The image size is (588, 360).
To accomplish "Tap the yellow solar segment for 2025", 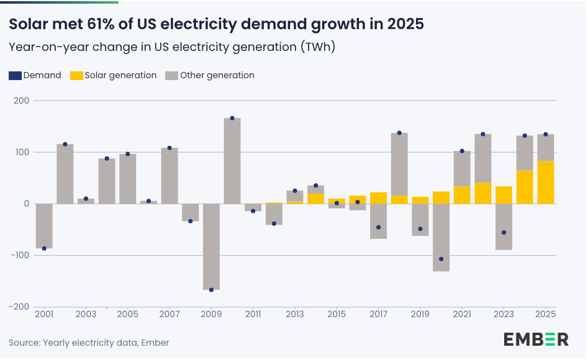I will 546,182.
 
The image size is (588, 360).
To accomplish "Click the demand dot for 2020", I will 441,259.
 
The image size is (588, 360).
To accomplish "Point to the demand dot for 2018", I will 399,133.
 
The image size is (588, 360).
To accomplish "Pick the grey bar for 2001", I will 44,226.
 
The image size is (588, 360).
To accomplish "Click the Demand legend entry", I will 35,75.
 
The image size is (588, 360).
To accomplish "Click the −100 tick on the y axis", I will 19,255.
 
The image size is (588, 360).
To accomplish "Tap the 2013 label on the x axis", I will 295,315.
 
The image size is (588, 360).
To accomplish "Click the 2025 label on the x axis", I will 545,315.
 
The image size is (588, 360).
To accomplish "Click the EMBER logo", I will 536,340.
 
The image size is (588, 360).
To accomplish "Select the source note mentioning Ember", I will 89,343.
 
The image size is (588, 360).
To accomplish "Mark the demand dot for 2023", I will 504,232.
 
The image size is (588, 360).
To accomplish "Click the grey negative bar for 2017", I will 379,221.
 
